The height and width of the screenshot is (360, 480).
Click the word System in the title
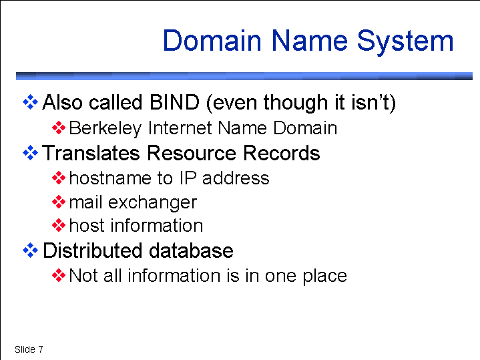click(405, 41)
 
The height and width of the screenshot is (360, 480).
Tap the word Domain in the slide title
click(212, 41)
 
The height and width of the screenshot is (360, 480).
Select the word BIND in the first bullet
click(174, 102)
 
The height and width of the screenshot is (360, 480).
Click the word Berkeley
click(105, 128)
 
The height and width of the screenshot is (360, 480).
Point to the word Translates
click(91, 153)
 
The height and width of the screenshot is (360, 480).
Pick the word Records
click(281, 153)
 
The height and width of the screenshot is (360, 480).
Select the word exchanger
click(152, 202)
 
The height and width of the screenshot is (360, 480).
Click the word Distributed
click(92, 250)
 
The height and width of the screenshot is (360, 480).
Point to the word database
click(191, 250)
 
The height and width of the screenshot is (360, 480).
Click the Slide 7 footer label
click(29, 349)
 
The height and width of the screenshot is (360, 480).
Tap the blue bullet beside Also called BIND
click(30, 102)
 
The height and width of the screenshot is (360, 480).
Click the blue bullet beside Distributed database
click(30, 250)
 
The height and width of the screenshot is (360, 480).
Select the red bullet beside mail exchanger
click(59, 202)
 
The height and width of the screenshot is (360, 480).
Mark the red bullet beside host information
click(59, 226)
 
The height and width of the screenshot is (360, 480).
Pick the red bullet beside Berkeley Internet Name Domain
click(59, 128)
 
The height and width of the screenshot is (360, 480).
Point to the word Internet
click(181, 128)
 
